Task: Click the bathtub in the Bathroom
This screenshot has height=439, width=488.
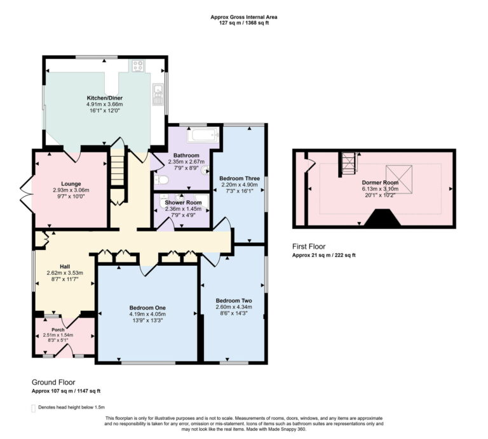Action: click(x=201, y=136)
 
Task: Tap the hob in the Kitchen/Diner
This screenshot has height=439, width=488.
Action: click(x=137, y=65)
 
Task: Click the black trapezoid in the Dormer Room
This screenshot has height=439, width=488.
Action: click(x=381, y=219)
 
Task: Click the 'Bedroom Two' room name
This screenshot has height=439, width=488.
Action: click(x=233, y=300)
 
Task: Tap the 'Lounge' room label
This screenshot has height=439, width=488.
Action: click(x=71, y=184)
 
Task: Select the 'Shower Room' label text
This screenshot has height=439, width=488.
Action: click(x=183, y=202)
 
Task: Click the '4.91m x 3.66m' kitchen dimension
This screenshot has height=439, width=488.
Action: click(x=105, y=104)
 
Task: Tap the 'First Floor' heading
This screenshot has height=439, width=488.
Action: click(x=309, y=246)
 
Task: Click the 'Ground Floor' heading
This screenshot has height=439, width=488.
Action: click(x=53, y=383)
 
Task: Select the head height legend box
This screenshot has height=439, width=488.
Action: click(x=33, y=408)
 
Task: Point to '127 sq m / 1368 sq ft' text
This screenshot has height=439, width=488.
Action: click(x=244, y=23)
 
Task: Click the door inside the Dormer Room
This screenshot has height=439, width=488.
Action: click(x=309, y=166)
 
